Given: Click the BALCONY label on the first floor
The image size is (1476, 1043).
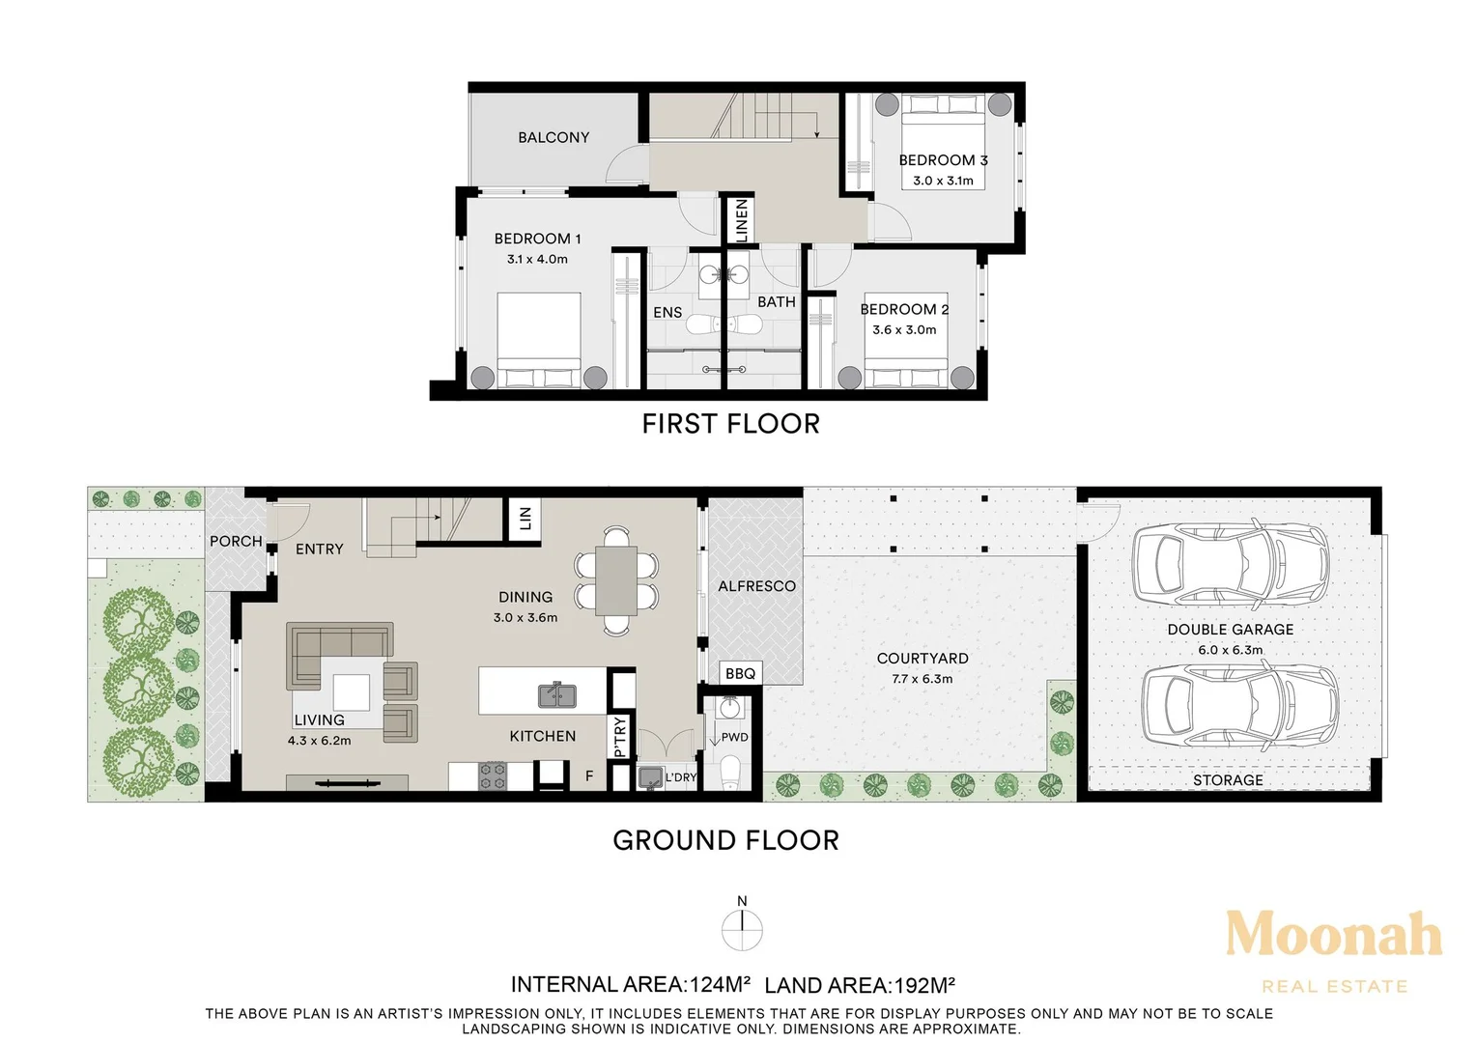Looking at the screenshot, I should point(553,137).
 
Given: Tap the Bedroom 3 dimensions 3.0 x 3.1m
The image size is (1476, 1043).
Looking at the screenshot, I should point(943,181).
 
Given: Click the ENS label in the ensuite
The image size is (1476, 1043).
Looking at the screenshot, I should point(667,313).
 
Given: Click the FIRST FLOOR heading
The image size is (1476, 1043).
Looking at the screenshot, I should point(731,424).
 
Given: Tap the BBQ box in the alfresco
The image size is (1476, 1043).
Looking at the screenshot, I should point(741,673).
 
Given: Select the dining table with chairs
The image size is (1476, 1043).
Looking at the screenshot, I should point(616,580).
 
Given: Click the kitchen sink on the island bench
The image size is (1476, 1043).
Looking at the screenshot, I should point(557,695).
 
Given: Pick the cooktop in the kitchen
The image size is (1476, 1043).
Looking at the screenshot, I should point(493,775).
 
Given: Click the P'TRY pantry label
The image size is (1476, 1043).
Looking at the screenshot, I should point(620,737).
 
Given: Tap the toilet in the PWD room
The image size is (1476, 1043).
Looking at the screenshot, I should point(731,772).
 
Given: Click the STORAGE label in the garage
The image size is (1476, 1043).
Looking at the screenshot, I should point(1228,780).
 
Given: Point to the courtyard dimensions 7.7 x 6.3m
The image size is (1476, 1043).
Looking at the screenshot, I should point(922,679).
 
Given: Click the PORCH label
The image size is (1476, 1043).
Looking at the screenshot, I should point(236,542).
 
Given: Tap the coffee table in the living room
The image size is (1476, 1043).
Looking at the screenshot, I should point(351,691).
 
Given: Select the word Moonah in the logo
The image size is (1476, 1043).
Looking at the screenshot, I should point(1334,935).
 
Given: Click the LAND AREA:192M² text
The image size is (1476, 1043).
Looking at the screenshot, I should point(860,985).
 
